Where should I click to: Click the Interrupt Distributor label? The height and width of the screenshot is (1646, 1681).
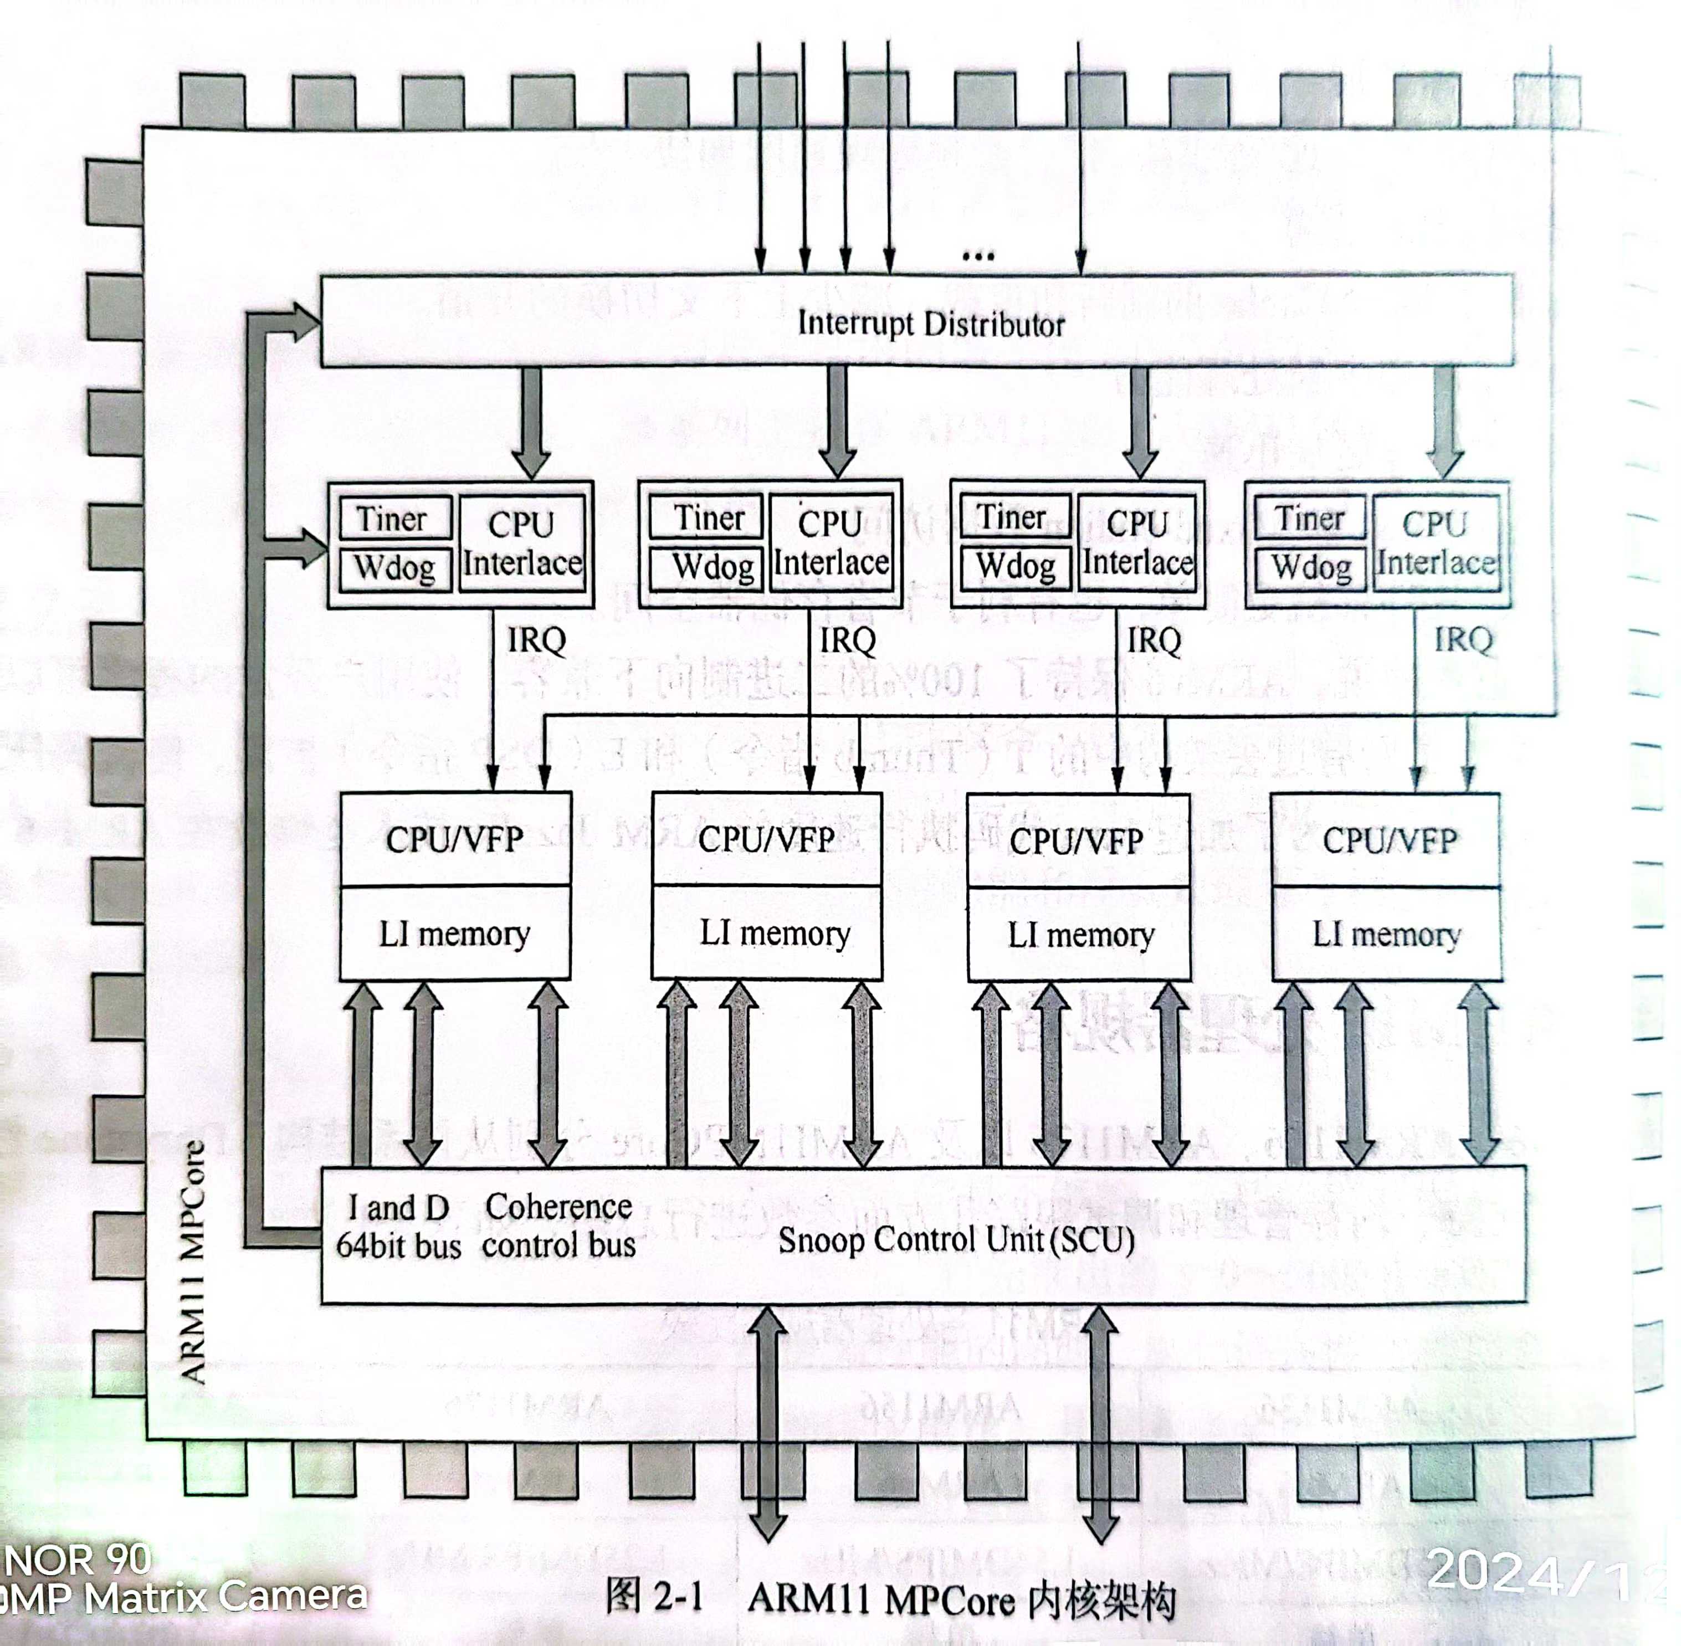(x=930, y=324)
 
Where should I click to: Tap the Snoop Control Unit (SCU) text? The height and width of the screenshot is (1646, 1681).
(x=956, y=1240)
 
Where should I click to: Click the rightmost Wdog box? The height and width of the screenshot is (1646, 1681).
(x=1311, y=568)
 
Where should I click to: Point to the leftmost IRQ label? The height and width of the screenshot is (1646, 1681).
(x=537, y=640)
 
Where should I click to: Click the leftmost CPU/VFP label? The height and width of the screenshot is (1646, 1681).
(x=454, y=839)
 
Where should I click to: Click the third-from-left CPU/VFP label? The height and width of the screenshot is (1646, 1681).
(x=1077, y=841)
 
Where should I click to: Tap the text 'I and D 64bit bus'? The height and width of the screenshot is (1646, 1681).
(x=398, y=1226)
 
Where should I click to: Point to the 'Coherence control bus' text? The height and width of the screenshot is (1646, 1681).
(x=558, y=1226)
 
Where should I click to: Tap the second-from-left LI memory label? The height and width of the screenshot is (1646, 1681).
(x=774, y=934)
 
